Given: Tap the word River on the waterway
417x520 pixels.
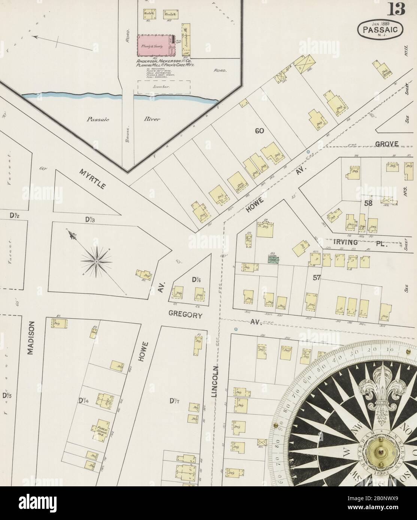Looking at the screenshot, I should [x=152, y=120].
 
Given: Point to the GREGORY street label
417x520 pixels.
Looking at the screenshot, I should [x=186, y=315].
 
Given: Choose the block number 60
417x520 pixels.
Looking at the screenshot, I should [x=259, y=131].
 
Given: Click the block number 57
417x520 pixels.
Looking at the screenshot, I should [x=318, y=277].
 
